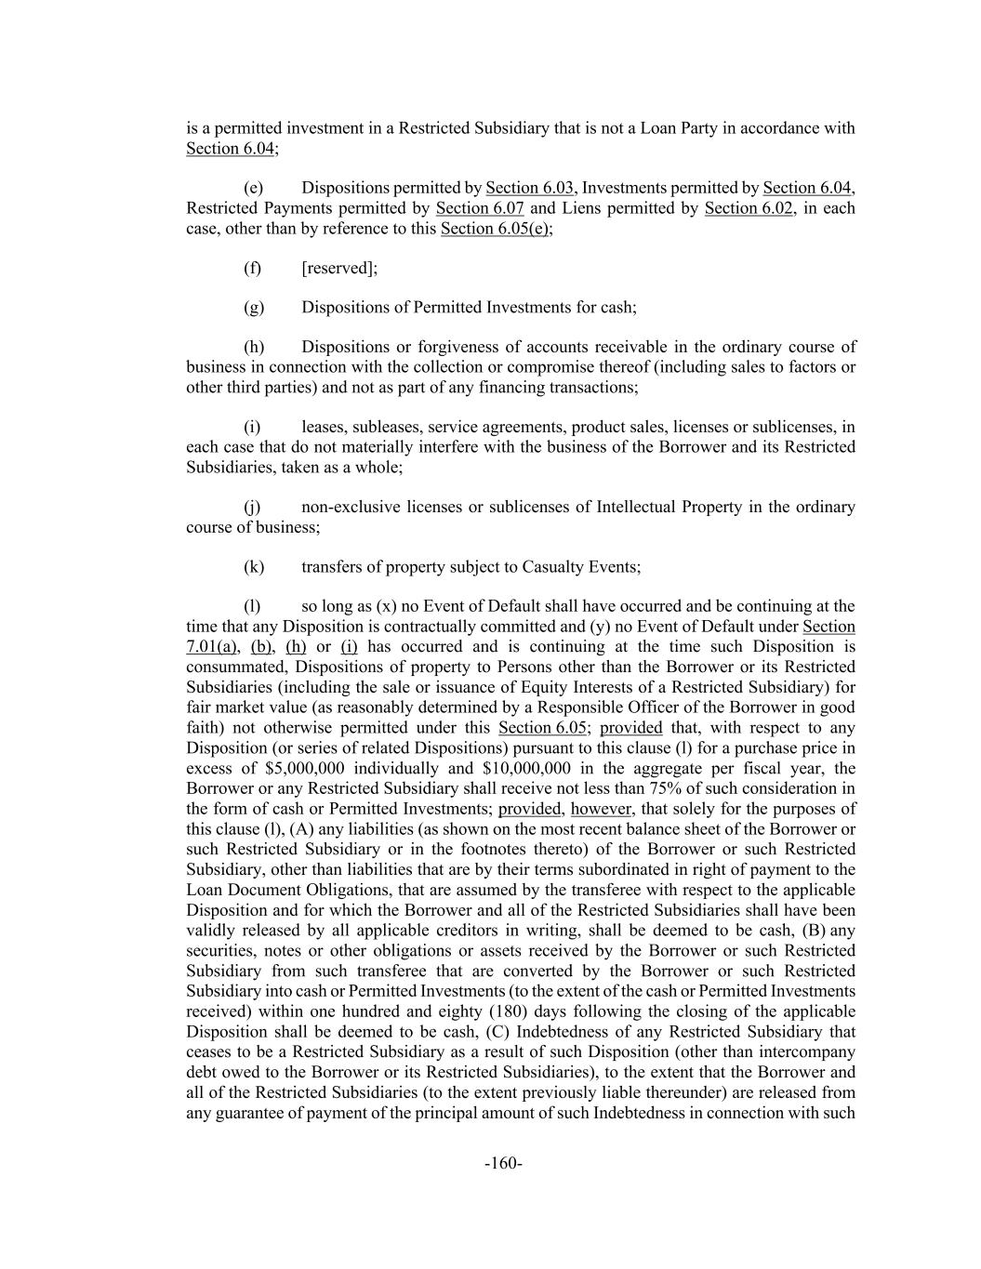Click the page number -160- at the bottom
click(x=503, y=1163)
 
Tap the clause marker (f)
click(x=253, y=268)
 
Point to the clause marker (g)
click(x=254, y=307)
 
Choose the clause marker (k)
click(x=254, y=566)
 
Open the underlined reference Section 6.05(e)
click(x=496, y=229)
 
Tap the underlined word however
click(x=603, y=809)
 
